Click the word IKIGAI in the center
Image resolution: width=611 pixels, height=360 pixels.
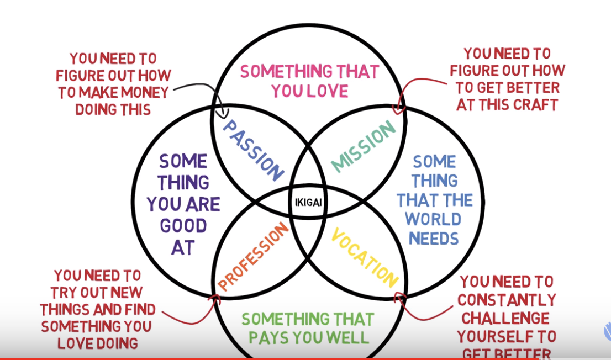click(x=308, y=203)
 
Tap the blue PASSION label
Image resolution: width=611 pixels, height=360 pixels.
click(x=252, y=150)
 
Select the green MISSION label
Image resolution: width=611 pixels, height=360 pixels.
click(x=363, y=146)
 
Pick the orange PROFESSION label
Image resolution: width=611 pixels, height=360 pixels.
click(x=253, y=256)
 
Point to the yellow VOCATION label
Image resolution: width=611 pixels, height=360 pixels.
click(x=365, y=258)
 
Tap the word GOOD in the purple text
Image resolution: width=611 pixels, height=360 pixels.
click(x=183, y=226)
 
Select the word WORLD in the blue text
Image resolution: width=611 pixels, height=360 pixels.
click(x=433, y=219)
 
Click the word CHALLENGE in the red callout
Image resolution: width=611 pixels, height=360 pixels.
click(x=505, y=319)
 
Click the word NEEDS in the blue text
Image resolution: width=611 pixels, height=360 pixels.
click(x=433, y=239)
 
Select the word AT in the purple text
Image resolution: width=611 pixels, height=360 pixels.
click(x=183, y=247)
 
